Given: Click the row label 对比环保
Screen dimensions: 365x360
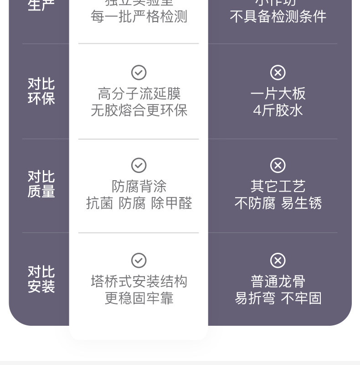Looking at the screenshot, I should (41, 91).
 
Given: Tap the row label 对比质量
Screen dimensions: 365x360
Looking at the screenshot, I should (41, 184).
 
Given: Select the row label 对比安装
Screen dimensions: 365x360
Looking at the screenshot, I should (41, 279).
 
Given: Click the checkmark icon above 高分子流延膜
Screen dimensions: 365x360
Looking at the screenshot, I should (139, 72).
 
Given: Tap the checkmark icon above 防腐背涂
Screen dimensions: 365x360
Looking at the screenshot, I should (139, 165).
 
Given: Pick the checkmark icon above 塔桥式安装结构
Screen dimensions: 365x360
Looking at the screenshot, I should (139, 260).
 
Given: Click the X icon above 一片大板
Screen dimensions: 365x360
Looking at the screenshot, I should (278, 72).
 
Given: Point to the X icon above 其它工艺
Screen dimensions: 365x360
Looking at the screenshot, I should (278, 165).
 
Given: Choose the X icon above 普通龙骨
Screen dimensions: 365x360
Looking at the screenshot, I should (278, 260).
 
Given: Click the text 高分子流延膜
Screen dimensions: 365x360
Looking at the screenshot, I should (139, 94).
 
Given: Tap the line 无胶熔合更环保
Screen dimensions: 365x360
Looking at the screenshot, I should (139, 110).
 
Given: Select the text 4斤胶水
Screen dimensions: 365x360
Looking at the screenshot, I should (278, 110).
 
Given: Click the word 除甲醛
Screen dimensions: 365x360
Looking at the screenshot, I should (171, 203).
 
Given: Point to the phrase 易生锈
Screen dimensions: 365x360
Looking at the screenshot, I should (301, 203).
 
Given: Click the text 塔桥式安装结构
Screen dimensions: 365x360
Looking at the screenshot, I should (139, 282).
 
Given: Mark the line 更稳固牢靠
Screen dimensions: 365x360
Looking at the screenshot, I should (139, 298).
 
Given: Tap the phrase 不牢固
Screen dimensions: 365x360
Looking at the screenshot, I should (301, 298).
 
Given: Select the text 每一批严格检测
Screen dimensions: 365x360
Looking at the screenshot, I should (139, 17).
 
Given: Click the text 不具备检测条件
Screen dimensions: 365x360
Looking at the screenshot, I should (278, 17).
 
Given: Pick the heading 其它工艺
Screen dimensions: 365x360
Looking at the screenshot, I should (278, 186).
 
